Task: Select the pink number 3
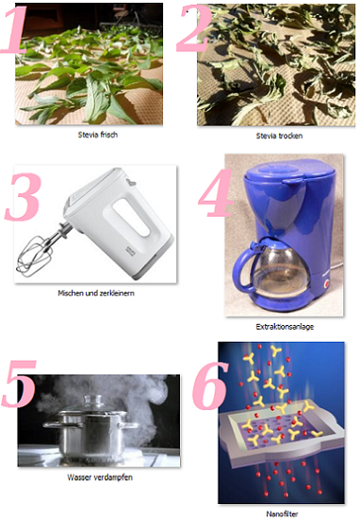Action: pyautogui.click(x=24, y=197)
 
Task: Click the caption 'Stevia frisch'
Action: pyautogui.click(x=98, y=135)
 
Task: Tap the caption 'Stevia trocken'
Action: pyautogui.click(x=279, y=136)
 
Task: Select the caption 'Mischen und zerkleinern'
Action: pyautogui.click(x=96, y=293)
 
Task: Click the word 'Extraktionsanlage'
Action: pyautogui.click(x=285, y=327)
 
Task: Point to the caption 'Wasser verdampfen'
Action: pyautogui.click(x=100, y=478)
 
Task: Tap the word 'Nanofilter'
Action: pyautogui.click(x=282, y=513)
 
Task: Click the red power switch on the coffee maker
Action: pyautogui.click(x=326, y=284)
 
